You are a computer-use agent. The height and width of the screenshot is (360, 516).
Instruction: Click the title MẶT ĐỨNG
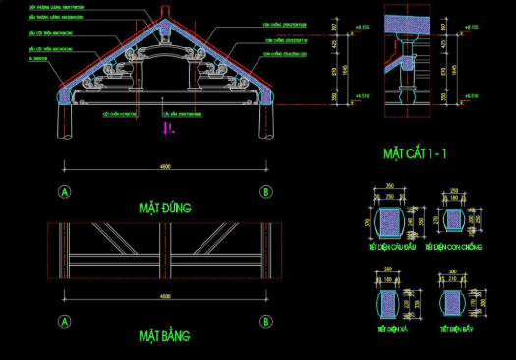164,208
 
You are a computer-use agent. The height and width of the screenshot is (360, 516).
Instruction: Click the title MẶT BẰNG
164,336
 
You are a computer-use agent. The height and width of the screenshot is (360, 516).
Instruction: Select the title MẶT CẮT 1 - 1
416,153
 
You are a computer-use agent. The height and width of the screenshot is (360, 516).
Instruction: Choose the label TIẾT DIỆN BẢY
457,328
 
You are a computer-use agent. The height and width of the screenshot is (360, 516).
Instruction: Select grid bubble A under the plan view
65,321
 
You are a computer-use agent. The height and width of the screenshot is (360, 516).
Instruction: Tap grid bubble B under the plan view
265,321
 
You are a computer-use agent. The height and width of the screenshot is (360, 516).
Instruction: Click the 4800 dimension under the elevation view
165,163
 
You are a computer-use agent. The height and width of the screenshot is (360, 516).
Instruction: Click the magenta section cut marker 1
168,127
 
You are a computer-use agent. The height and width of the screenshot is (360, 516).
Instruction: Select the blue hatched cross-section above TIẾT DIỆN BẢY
454,302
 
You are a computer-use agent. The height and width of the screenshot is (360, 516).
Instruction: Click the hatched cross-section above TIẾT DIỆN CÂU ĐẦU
390,217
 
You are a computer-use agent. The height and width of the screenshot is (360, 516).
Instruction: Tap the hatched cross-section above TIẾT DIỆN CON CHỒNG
453,218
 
